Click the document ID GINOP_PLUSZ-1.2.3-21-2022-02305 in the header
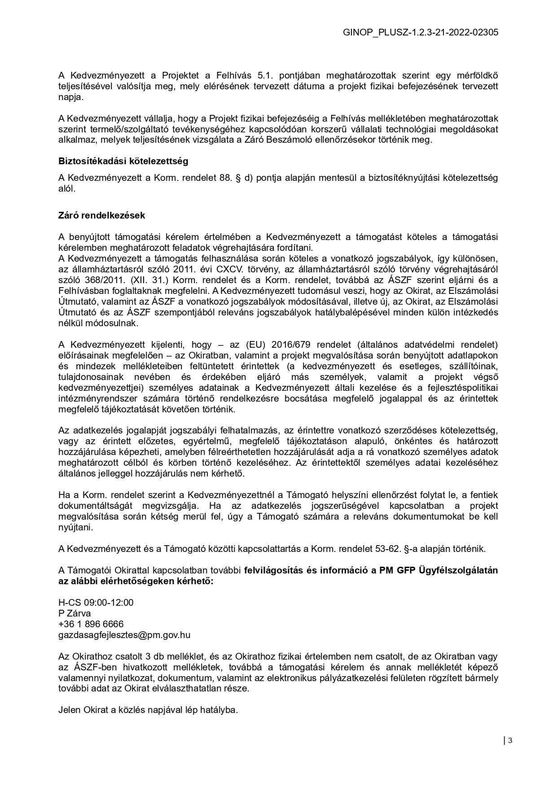click(x=420, y=32)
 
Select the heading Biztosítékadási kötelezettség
click(x=123, y=161)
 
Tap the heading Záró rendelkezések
click(x=101, y=215)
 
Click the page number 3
click(x=510, y=740)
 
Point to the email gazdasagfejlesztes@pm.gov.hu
click(x=124, y=635)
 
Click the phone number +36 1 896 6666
click(x=91, y=624)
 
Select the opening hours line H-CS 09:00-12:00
click(x=96, y=603)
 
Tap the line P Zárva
click(x=75, y=613)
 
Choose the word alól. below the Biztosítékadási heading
click(x=67, y=188)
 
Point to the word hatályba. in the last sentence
click(x=219, y=710)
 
